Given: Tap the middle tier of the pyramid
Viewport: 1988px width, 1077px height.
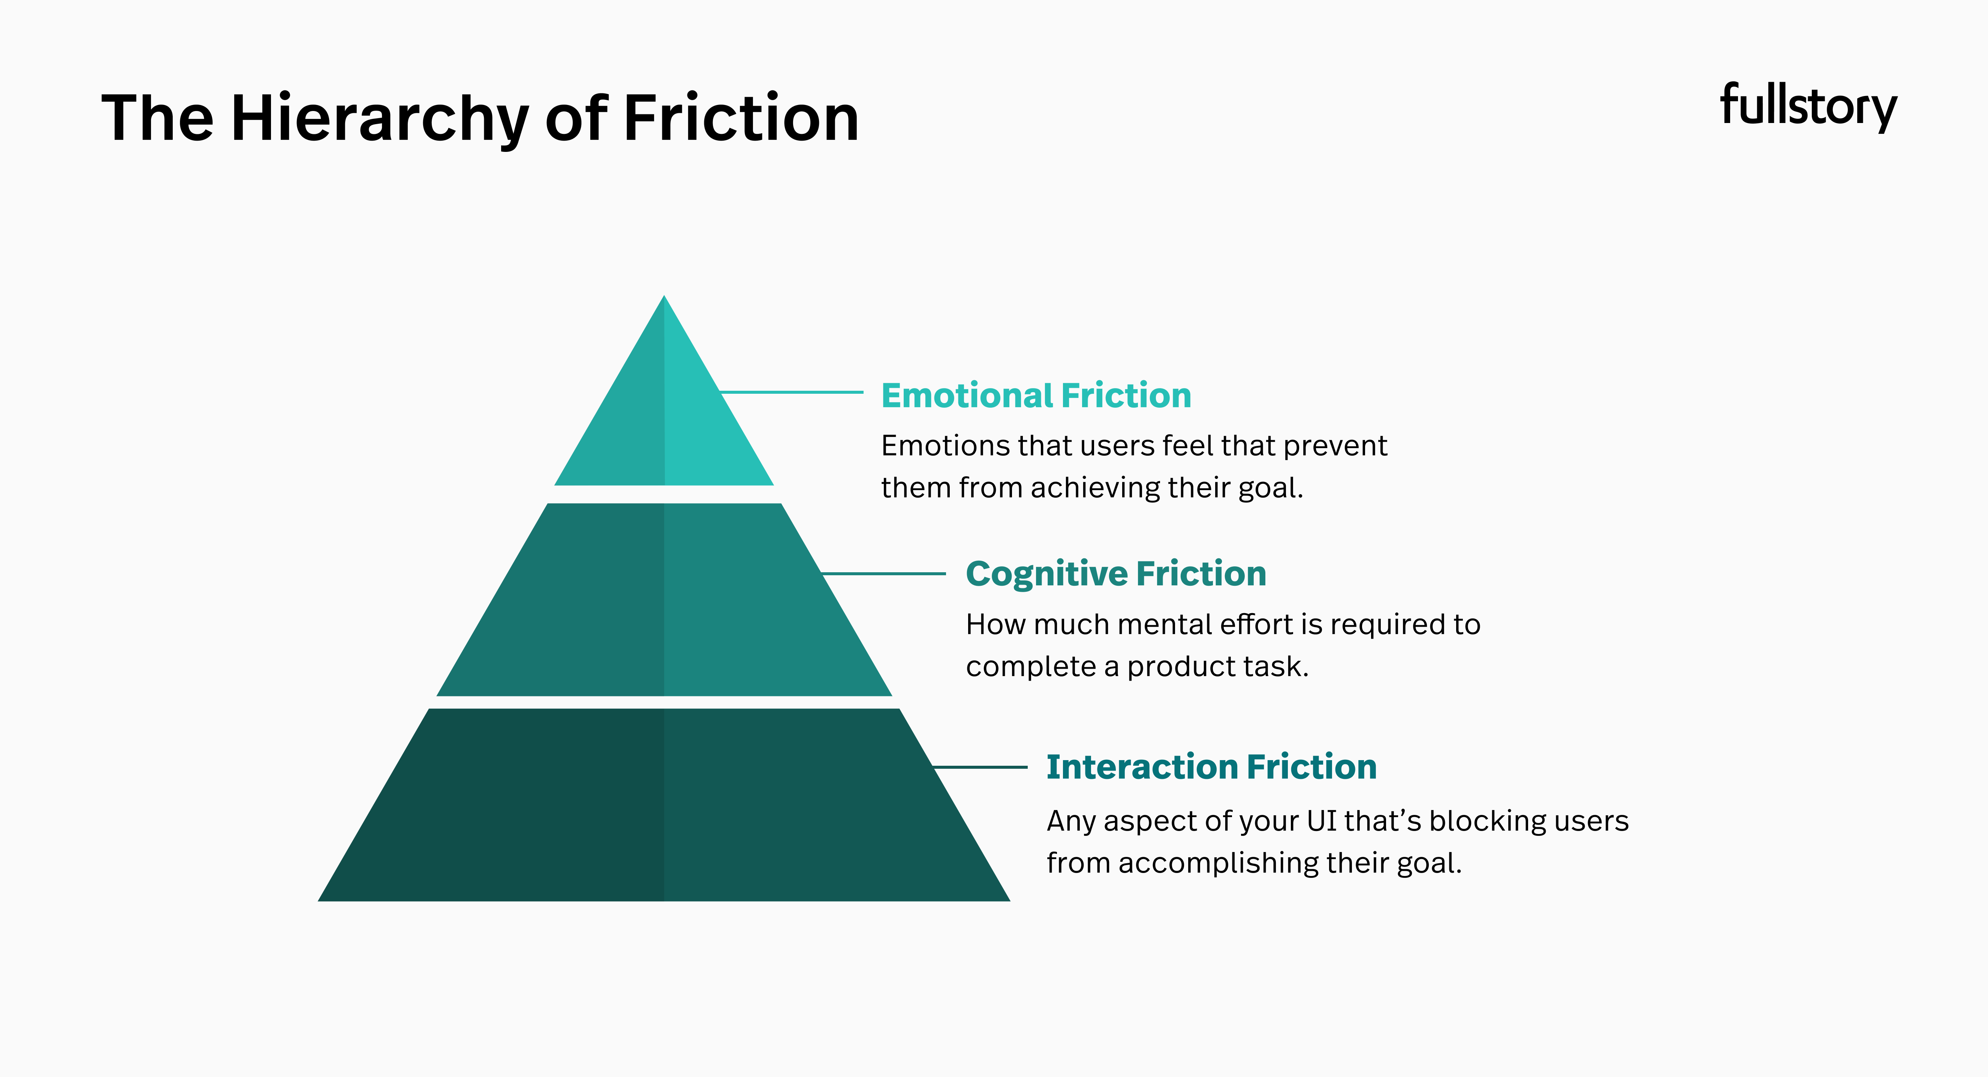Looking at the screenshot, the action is (x=664, y=600).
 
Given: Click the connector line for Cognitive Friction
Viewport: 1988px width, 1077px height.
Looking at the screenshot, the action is (x=884, y=574).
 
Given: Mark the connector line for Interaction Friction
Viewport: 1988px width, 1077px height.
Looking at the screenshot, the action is (x=980, y=766).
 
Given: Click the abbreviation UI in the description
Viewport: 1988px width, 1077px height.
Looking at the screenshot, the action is (x=1321, y=820).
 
